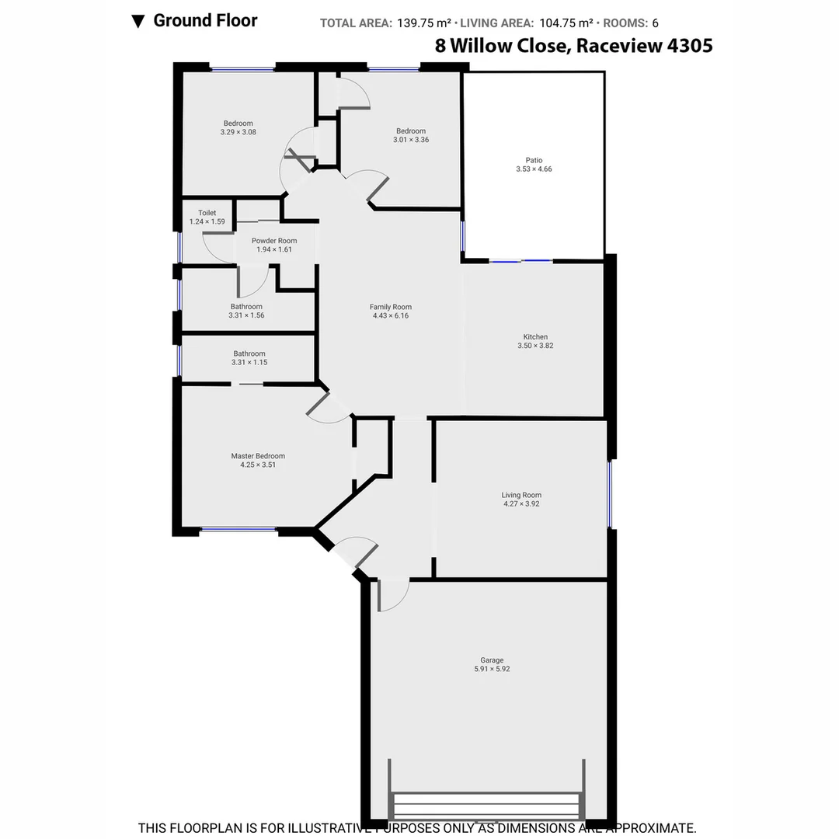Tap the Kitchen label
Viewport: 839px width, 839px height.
(535, 336)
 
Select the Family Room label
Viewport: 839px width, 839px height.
(390, 307)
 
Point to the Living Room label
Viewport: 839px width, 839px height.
(521, 495)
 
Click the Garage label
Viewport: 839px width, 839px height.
(492, 660)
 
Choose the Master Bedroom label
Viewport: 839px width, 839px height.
(258, 456)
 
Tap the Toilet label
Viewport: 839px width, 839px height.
(207, 213)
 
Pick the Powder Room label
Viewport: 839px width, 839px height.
(274, 241)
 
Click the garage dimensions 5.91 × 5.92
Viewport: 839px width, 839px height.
(492, 669)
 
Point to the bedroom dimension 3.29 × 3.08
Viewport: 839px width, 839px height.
(238, 132)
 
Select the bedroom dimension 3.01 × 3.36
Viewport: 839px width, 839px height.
(411, 140)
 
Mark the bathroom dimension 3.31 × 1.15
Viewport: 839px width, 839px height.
(249, 362)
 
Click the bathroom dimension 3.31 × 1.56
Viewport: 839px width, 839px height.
(246, 315)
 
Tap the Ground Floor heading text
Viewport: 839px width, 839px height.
(205, 21)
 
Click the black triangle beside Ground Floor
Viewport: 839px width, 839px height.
(138, 22)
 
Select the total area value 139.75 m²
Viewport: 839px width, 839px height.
(424, 23)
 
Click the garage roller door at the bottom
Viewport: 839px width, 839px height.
(486, 805)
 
